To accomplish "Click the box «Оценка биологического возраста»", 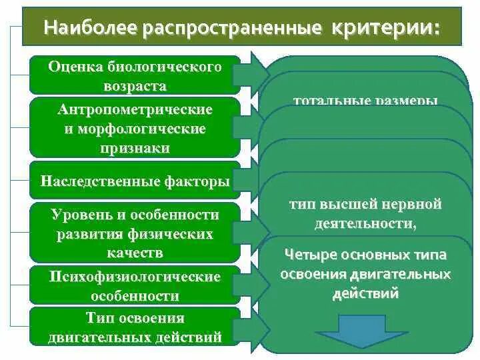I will tap(135, 76).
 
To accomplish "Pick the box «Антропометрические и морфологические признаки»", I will tap(135, 128).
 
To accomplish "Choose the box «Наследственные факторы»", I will tap(135, 181).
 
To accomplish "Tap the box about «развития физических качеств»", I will tap(135, 233).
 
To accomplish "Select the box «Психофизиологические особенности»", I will tap(135, 285).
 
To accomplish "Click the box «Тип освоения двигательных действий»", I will tap(135, 327).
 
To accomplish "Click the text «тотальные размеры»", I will tap(365, 101).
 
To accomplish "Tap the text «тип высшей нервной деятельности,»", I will tap(365, 214).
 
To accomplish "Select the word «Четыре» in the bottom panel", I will tap(309, 255).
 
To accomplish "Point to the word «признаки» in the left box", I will tap(135, 148).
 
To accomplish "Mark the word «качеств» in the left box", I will tap(135, 253).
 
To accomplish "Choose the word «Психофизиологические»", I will tap(135, 276).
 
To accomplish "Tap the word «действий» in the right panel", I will tap(365, 293).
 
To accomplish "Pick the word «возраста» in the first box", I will tap(135, 86).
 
